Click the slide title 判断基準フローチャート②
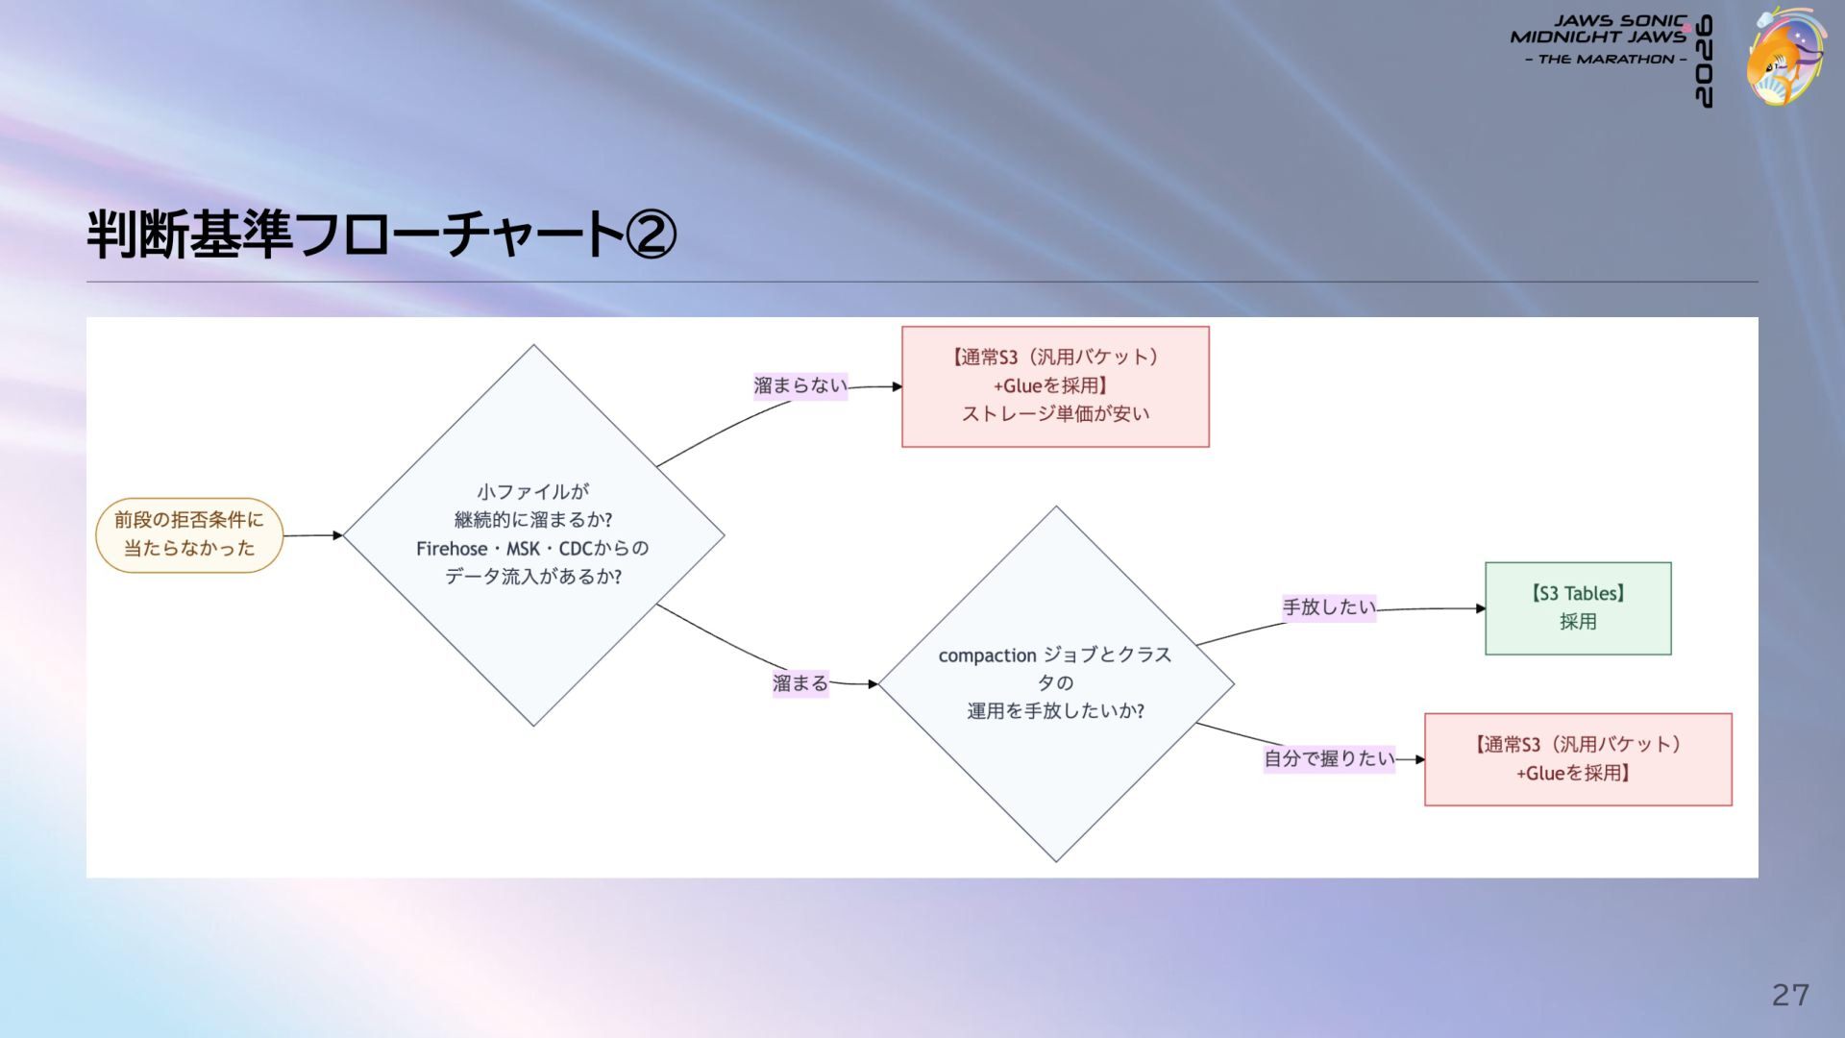[x=381, y=235]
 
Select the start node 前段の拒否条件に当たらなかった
[x=189, y=535]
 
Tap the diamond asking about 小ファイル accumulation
[x=533, y=535]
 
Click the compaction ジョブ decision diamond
[x=1056, y=683]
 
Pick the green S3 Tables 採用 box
[x=1578, y=608]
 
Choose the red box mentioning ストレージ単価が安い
[x=1055, y=386]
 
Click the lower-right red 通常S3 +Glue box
[x=1578, y=759]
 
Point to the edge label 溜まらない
[x=800, y=386]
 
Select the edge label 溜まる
[x=800, y=683]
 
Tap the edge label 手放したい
[x=1329, y=607]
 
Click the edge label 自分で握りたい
[x=1329, y=758]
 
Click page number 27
[x=1791, y=995]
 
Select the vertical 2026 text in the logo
[x=1703, y=62]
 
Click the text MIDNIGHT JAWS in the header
[x=1598, y=37]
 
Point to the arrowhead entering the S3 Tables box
[x=1481, y=608]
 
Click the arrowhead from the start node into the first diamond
[x=337, y=535]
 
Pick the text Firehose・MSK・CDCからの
[x=532, y=549]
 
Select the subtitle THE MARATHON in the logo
[x=1606, y=60]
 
